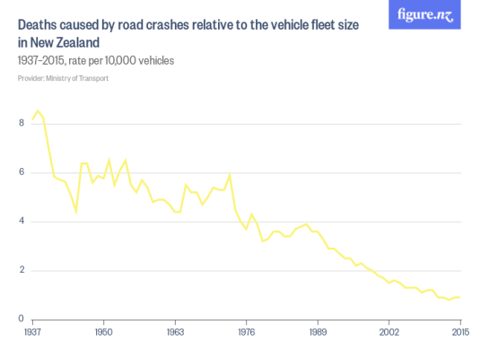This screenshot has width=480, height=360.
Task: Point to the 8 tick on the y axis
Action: tap(22, 123)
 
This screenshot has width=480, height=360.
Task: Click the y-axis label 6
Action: tap(22, 172)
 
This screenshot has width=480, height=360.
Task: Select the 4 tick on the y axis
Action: tap(22, 222)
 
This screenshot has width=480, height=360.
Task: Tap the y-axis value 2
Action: tap(22, 270)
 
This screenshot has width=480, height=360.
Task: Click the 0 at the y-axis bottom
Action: tap(22, 320)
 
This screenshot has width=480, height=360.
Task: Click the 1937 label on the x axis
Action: tap(32, 331)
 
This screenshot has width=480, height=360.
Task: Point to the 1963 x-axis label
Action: tap(175, 331)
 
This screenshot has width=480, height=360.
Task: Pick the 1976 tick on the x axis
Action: tap(246, 331)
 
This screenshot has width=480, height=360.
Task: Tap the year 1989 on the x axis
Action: tap(318, 331)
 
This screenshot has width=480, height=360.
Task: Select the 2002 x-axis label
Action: tap(388, 331)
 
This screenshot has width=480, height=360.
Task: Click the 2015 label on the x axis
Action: tap(459, 331)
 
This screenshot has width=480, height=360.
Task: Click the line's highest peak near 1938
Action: tap(38, 111)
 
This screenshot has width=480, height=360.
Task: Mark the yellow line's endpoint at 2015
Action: tap(460, 297)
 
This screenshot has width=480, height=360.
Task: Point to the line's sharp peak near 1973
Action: tap(231, 174)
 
